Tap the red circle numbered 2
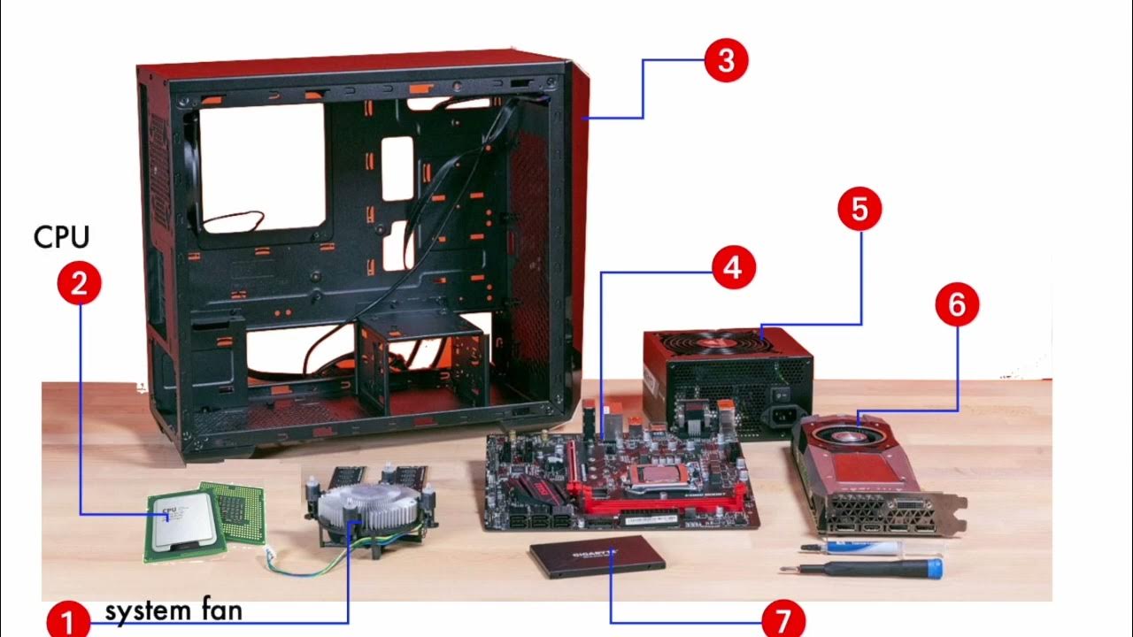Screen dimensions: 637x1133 (x=80, y=283)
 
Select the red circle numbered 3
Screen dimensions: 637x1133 (x=726, y=61)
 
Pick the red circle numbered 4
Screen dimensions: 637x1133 (x=732, y=266)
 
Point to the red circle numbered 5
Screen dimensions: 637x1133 (x=860, y=210)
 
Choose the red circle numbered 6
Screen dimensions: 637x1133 (x=957, y=305)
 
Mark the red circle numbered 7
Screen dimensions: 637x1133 (x=782, y=620)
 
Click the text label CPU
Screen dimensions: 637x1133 (x=61, y=237)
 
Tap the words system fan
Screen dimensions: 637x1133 (x=173, y=610)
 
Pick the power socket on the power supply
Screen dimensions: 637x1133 (x=783, y=415)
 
